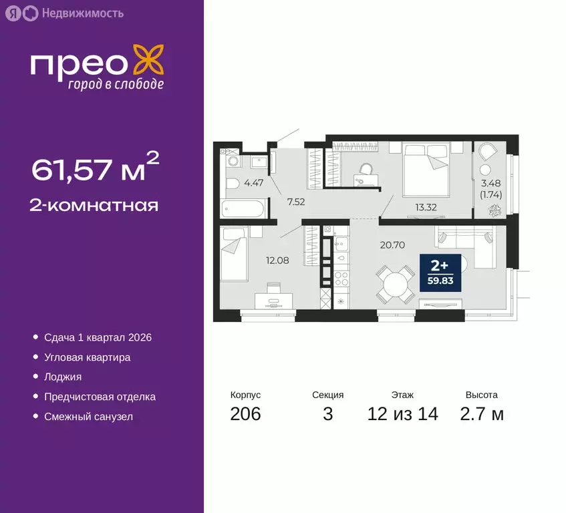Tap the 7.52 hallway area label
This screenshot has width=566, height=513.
[x=296, y=200]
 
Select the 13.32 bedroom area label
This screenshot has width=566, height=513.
[x=425, y=206]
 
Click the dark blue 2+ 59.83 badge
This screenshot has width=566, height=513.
[x=440, y=271]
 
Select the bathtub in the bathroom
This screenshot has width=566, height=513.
[x=243, y=210]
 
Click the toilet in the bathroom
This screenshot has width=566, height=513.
[x=230, y=184]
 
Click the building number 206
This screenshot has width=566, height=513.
[x=245, y=414]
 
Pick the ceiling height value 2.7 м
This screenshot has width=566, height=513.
[x=482, y=414]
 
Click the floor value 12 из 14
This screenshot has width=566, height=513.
[x=402, y=414]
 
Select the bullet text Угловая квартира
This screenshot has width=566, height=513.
[x=87, y=357]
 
